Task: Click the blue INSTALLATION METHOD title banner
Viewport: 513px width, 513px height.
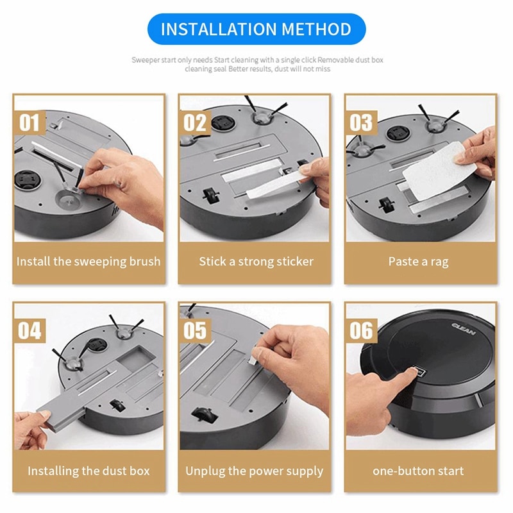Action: tap(256, 29)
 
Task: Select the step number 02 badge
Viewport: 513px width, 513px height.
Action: tap(195, 122)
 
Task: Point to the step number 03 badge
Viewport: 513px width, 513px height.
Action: tap(361, 122)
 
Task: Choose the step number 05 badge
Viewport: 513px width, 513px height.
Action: tap(195, 331)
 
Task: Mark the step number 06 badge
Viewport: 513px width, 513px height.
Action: tap(361, 331)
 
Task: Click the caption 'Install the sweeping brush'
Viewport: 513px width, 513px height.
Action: tap(88, 262)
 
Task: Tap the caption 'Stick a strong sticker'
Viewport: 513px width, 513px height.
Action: tap(256, 262)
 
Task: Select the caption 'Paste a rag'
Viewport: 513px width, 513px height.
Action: tap(418, 262)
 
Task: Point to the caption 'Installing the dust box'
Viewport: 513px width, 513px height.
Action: tap(88, 471)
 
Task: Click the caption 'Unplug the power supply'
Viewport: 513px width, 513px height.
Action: tap(255, 471)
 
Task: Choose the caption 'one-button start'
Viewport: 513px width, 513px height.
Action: tap(418, 471)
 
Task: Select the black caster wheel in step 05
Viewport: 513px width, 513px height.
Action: tap(204, 415)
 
